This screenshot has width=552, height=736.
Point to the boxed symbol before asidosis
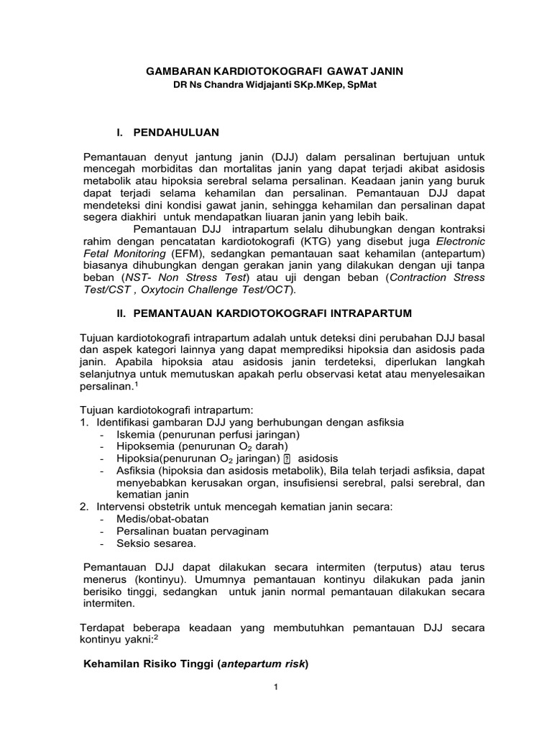286,459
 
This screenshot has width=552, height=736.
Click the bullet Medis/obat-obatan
161,519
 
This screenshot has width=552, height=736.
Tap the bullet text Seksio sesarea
156,543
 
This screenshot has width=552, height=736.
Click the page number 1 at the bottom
275,687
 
